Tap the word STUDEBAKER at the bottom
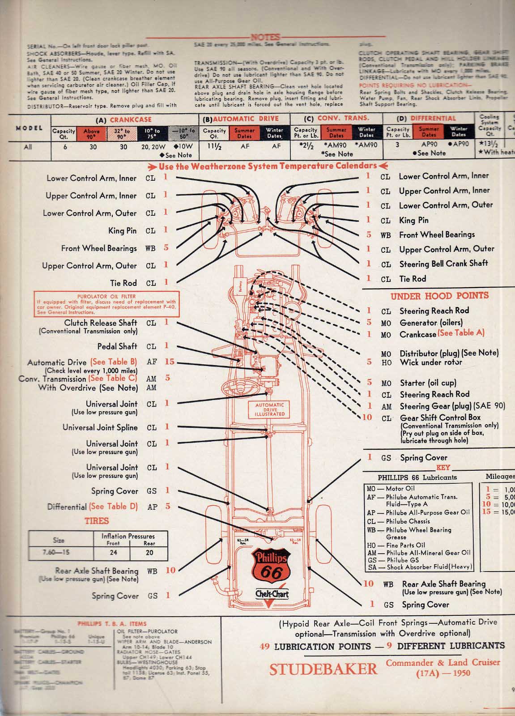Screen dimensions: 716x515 [x=323, y=669]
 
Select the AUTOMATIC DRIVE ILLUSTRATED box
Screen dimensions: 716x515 [x=270, y=409]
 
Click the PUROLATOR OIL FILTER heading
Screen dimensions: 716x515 [x=106, y=296]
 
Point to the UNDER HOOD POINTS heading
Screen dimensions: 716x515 [x=439, y=296]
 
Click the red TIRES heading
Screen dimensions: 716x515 [x=97, y=521]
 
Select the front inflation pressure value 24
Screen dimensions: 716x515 [x=114, y=553]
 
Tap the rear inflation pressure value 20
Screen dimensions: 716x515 [x=149, y=553]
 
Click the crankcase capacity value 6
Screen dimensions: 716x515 [x=65, y=146]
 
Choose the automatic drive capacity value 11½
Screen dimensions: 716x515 [x=215, y=146]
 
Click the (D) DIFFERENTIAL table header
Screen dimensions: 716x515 [x=427, y=118]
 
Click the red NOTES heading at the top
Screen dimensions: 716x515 [x=265, y=37]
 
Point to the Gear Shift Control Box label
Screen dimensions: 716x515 [x=440, y=418]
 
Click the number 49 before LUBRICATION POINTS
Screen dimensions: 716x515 [x=265, y=646]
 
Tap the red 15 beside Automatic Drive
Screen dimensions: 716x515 [x=169, y=362]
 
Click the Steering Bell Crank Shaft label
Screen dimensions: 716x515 [x=443, y=264]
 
